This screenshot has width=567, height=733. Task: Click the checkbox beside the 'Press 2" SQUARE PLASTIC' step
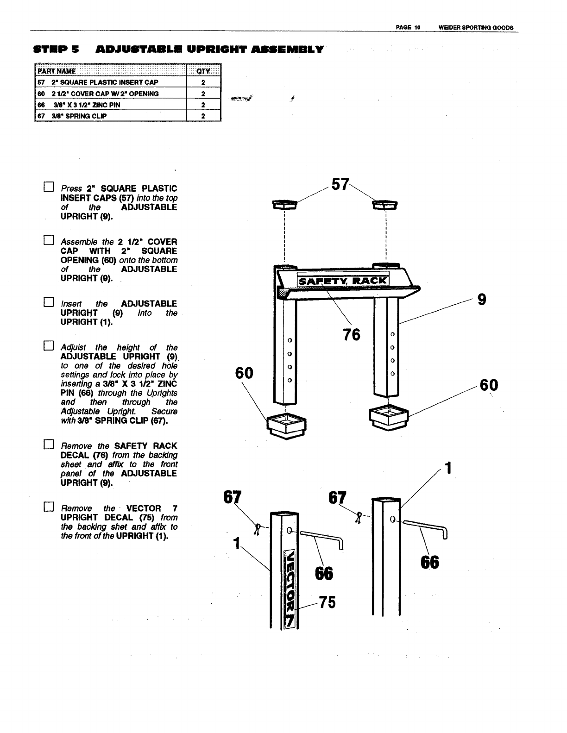point(48,188)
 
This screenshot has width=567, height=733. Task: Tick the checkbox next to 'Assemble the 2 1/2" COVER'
point(48,240)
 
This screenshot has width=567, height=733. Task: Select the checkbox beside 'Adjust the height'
point(48,346)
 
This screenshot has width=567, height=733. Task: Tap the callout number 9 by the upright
point(482,300)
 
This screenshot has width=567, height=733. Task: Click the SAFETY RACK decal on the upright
point(343,281)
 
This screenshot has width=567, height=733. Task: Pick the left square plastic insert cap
point(283,205)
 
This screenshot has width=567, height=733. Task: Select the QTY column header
point(203,71)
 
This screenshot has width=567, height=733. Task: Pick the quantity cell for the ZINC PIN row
point(203,105)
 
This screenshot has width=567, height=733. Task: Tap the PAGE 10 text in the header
point(408,27)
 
